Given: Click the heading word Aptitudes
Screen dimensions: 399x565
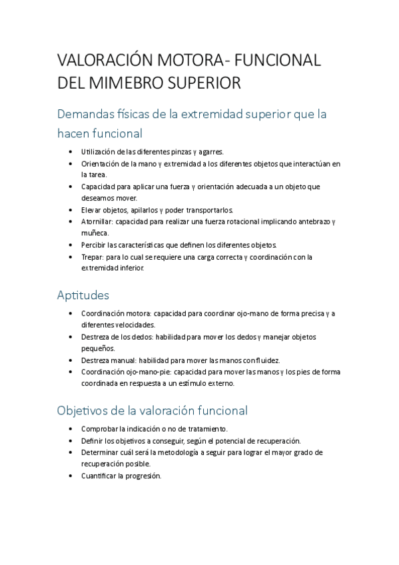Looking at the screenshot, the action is click(x=83, y=294).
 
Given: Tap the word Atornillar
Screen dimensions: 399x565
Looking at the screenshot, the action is click(x=98, y=221).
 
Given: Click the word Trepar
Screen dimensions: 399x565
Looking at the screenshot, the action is click(x=92, y=257).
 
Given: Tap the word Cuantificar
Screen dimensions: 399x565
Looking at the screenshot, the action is click(x=101, y=476).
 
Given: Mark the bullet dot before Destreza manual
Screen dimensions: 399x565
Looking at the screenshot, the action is click(x=71, y=360).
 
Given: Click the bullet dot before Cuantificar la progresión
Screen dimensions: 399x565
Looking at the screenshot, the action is click(x=71, y=476).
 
